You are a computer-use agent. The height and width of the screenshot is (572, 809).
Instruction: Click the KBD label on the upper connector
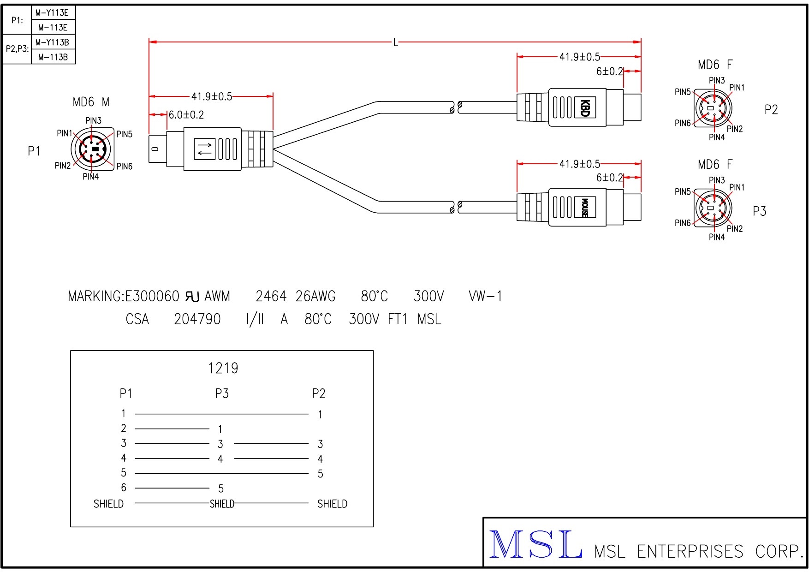pos(584,108)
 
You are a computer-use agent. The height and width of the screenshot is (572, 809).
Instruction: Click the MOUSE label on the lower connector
pos(584,208)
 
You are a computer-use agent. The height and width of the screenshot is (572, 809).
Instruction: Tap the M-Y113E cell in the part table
pos(52,12)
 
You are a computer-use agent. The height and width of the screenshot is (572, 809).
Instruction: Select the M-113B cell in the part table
pos(53,57)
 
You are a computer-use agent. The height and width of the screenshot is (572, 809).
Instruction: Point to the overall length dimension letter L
pos(395,43)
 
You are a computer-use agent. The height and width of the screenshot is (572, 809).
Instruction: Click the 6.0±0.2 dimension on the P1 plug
pos(186,115)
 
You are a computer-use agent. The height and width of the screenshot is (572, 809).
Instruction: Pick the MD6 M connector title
pos(91,102)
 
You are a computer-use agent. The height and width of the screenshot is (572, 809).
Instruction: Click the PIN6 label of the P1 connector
pos(125,167)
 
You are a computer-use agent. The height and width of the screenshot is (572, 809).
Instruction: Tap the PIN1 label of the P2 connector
pos(737,88)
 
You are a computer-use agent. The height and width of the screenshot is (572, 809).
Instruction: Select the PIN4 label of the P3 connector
pos(716,237)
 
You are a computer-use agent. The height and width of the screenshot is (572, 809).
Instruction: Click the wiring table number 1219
pos(223,368)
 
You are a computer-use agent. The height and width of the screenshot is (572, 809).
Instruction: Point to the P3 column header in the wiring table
pos(222,393)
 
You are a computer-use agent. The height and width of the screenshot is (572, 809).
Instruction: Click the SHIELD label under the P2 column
pos(332,504)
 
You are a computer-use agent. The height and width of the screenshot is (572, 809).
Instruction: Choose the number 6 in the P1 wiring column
pos(124,488)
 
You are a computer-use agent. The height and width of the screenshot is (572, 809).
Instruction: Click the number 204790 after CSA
pos(197,319)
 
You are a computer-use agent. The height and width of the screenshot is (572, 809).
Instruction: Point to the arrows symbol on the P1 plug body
pos(205,149)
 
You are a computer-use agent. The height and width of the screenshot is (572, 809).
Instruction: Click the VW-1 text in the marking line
pos(485,296)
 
